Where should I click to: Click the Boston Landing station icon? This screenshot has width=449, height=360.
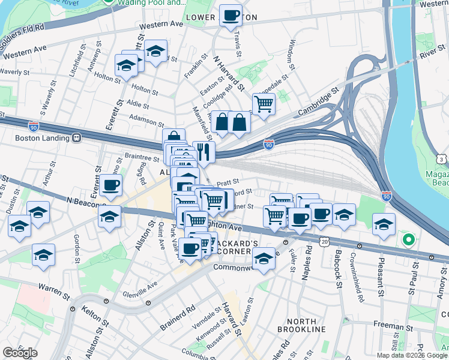pyautogui.click(x=76, y=138)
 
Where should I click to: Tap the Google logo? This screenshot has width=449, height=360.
pyautogui.click(x=20, y=353)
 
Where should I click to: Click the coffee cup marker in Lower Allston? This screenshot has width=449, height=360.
pyautogui.click(x=231, y=16)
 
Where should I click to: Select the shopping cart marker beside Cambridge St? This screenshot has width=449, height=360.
pyautogui.click(x=264, y=104)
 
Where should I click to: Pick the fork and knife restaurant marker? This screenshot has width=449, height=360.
pyautogui.click(x=204, y=153)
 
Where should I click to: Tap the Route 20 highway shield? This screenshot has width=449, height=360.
pyautogui.click(x=325, y=241)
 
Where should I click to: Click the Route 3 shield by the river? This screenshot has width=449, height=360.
pyautogui.click(x=442, y=159)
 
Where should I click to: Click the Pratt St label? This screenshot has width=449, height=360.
pyautogui.click(x=228, y=181)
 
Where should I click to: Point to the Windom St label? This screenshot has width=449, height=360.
pyautogui.click(x=291, y=53)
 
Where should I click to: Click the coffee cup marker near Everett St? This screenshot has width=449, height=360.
pyautogui.click(x=110, y=186)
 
